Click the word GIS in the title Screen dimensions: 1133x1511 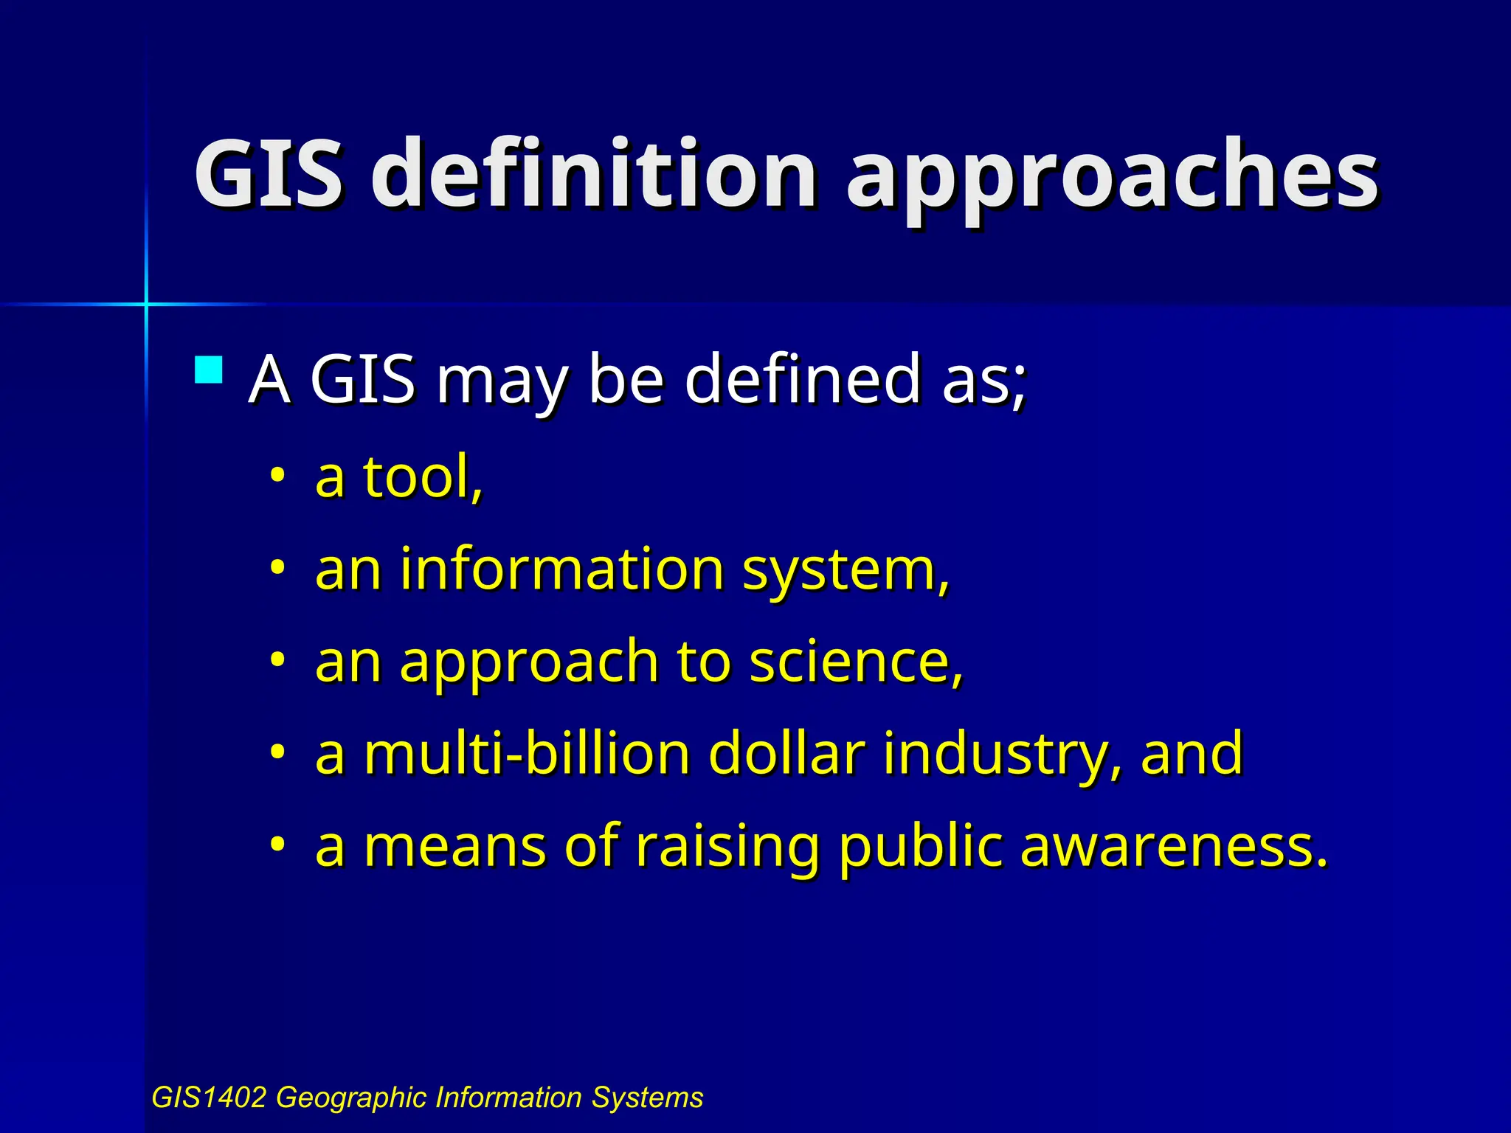pyautogui.click(x=269, y=174)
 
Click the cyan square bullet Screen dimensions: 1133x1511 pyautogui.click(x=209, y=370)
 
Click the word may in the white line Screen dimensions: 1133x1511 pyautogui.click(x=502, y=384)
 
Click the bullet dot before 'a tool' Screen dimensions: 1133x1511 pyautogui.click(x=277, y=475)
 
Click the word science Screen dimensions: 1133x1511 pyautogui.click(x=856, y=662)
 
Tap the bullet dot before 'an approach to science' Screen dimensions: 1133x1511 pyautogui.click(x=277, y=659)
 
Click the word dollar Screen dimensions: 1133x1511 pyautogui.click(x=786, y=753)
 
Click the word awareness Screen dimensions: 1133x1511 pyautogui.click(x=1173, y=846)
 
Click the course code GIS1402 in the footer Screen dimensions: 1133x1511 pyautogui.click(x=208, y=1098)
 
